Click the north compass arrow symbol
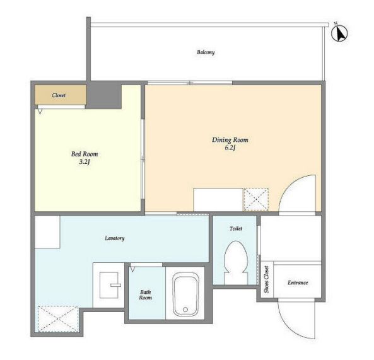point(340,33)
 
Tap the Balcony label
point(206,52)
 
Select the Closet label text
point(59,95)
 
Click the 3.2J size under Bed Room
point(85,162)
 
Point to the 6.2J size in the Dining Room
point(230,148)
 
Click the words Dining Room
point(230,140)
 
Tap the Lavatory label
point(115,238)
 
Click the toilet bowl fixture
point(236,262)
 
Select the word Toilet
point(236,228)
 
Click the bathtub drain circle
point(185,310)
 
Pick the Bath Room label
point(146,295)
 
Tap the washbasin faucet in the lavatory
point(115,285)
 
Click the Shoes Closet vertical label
point(266,279)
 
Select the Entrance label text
point(298,282)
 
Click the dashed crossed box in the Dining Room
point(256,200)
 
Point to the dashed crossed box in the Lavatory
point(58,319)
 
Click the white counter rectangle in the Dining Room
point(218,200)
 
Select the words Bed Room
point(85,154)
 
